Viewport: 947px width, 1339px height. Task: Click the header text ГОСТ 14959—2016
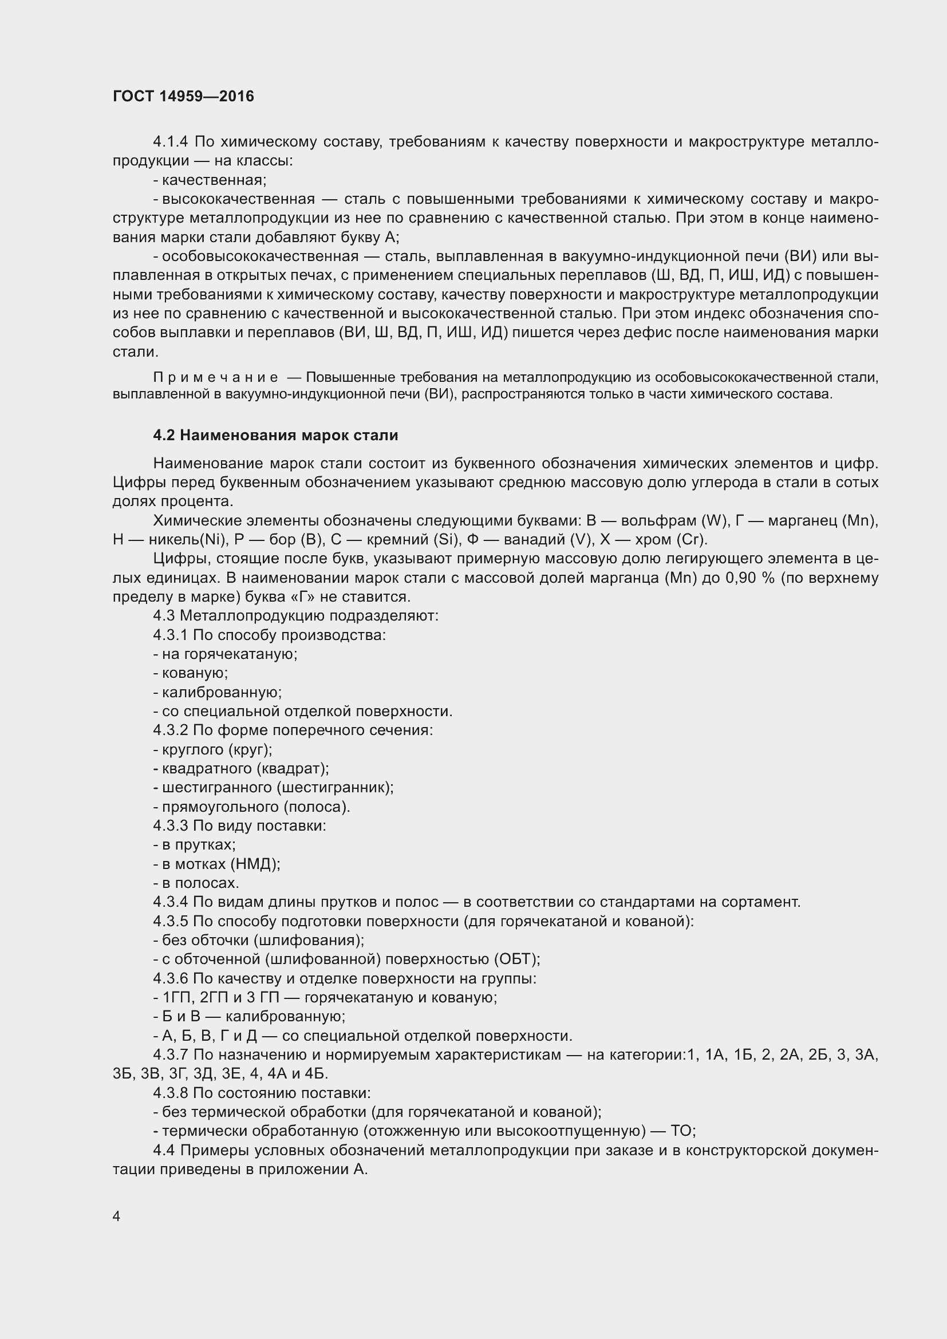[183, 96]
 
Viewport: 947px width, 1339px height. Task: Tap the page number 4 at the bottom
[117, 1216]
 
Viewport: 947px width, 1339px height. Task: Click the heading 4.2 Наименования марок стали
[275, 435]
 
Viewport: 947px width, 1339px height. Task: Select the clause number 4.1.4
[170, 142]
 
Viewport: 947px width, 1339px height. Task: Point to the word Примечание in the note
[215, 378]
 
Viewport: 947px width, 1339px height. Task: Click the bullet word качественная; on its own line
[214, 180]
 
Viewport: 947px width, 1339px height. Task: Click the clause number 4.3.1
[170, 635]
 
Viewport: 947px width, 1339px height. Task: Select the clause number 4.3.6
[170, 978]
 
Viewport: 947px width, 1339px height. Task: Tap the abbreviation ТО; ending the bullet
[683, 1131]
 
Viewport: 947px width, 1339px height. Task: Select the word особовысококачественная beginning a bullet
[260, 256]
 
